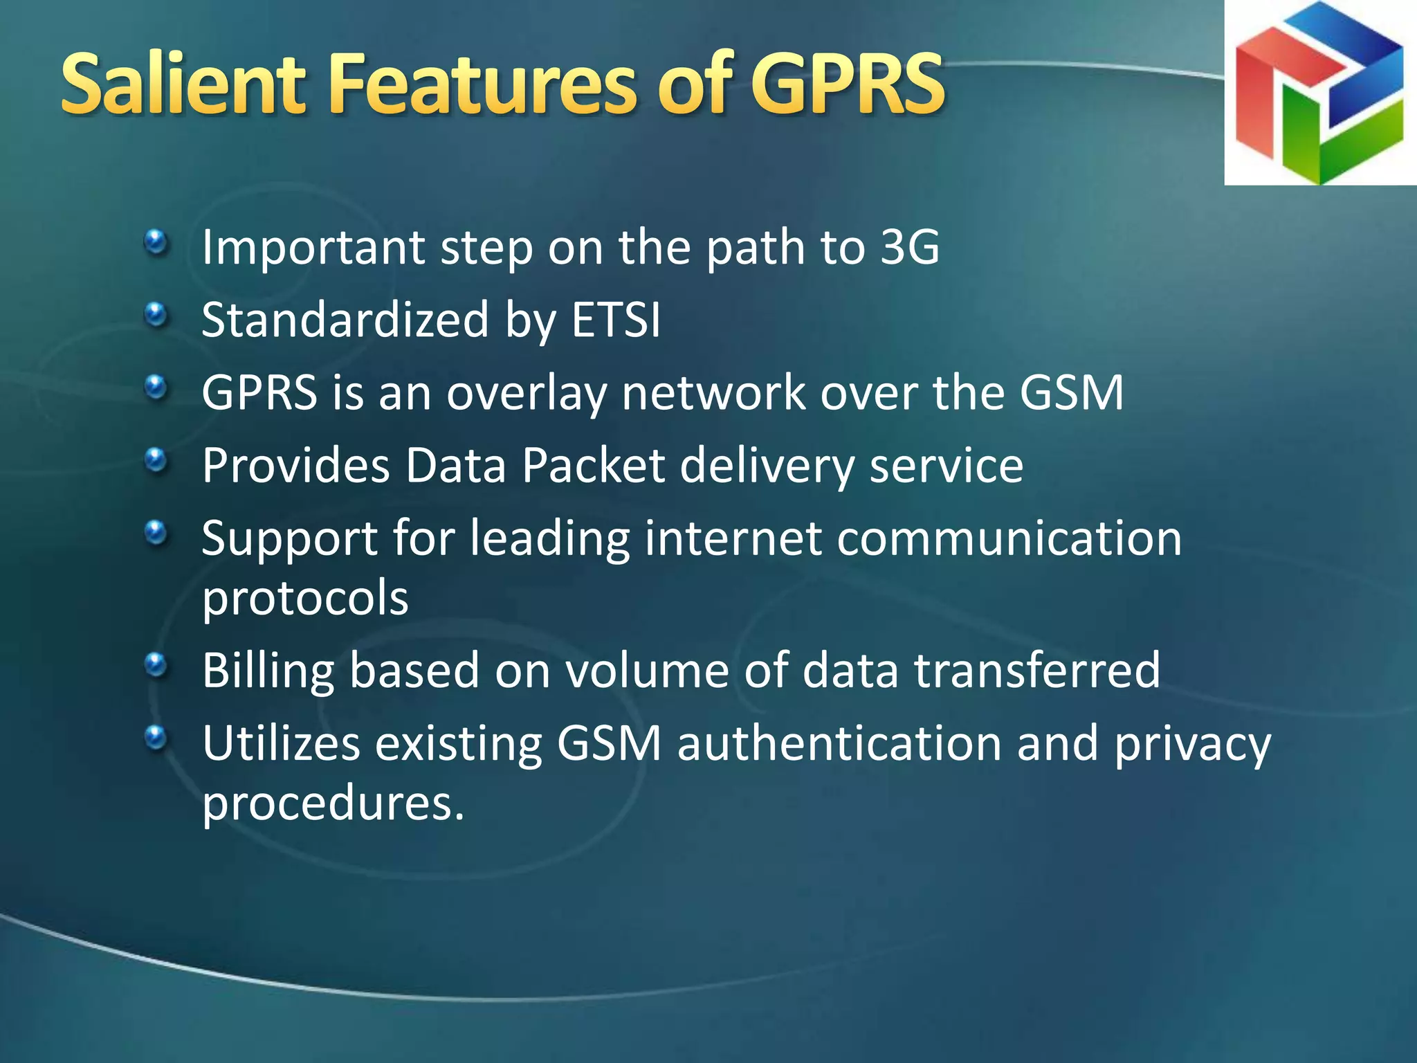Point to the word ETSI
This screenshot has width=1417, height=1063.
click(616, 320)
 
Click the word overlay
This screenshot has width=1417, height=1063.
click(526, 393)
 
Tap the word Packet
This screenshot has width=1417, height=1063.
click(593, 465)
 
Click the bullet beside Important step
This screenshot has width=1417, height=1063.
click(156, 242)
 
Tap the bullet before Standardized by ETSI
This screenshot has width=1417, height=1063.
click(156, 315)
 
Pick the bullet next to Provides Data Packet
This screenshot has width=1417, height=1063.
click(156, 460)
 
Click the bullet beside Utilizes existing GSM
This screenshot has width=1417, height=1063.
click(156, 738)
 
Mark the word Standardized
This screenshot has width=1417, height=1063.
click(345, 320)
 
